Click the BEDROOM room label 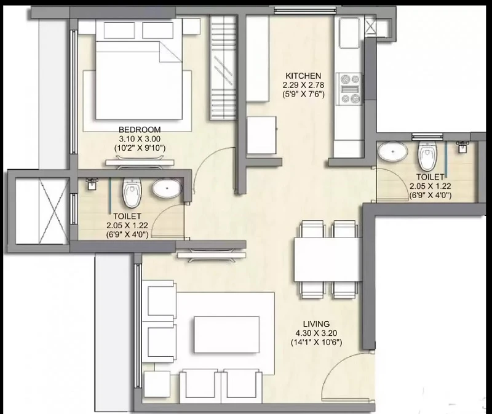(x=140, y=129)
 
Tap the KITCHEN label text (x=303, y=76)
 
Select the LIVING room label (x=316, y=324)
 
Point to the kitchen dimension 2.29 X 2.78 (x=303, y=85)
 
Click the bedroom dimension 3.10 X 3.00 (x=140, y=139)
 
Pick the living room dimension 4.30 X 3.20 (x=316, y=333)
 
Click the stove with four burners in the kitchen (x=349, y=89)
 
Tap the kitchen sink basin (x=349, y=33)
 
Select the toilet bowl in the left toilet (x=132, y=192)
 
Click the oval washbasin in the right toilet (x=392, y=151)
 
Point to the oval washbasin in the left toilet (x=167, y=188)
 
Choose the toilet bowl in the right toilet (x=427, y=156)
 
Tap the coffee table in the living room (x=227, y=335)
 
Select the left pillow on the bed (x=119, y=30)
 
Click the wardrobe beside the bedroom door (x=223, y=68)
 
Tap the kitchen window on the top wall (x=305, y=11)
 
